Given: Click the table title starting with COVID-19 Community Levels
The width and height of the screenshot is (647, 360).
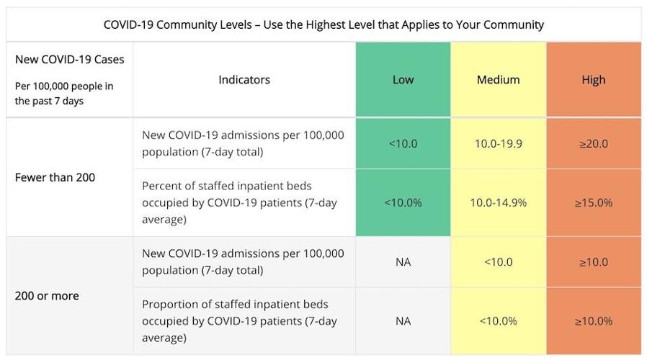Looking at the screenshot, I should pos(323,24).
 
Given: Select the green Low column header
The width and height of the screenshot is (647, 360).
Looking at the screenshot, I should pos(403,80).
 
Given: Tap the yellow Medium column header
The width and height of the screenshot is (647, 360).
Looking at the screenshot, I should pos(498,80).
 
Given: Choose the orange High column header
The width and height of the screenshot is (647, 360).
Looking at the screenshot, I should pos(594,80).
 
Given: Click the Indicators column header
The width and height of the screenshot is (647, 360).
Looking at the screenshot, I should pos(244,80).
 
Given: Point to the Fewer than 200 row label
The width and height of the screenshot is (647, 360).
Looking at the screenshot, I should pos(55,177).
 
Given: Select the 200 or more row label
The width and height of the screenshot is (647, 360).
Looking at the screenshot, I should pos(47,296).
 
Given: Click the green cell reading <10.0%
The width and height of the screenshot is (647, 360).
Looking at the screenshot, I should pos(403,202).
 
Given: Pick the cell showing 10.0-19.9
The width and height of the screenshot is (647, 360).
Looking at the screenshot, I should pos(498,143).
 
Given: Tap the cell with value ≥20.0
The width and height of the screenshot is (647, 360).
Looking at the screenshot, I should pos(594,143).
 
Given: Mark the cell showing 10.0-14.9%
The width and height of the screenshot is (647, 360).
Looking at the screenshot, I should pos(498,202).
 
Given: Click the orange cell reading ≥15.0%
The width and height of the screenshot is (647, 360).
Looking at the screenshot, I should pos(594,202).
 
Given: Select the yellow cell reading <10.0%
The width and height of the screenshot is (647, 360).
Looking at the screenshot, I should pos(498,320).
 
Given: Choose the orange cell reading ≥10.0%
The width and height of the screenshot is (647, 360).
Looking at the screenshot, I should pos(594,320).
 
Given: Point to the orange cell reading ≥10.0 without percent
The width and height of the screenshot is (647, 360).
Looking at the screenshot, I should pos(594,262).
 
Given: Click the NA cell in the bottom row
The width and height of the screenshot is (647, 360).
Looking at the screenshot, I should pos(403,320).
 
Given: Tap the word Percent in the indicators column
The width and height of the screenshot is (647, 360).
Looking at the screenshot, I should pos(162,185).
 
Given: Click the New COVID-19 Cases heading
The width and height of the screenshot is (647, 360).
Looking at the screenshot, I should pos(69,59).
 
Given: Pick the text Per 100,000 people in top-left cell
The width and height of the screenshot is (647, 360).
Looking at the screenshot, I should pos(64,86).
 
